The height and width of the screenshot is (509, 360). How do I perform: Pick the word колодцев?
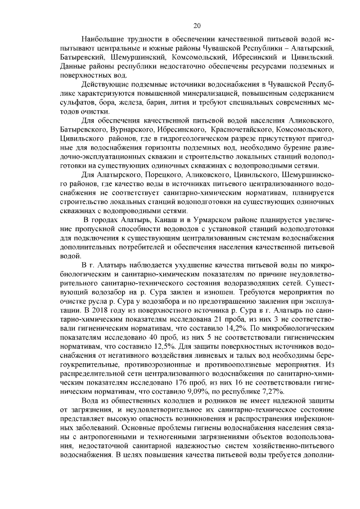click(178, 400)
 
